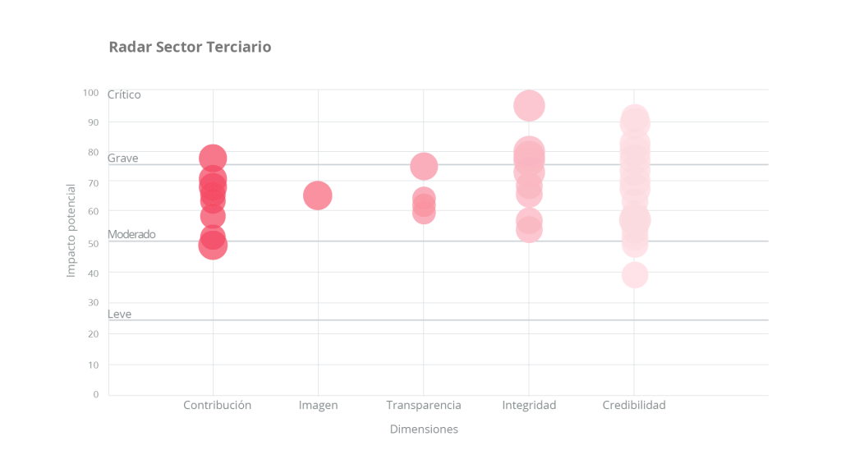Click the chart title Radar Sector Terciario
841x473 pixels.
[190, 47]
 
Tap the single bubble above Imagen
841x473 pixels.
[318, 195]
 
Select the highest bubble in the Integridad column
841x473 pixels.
[529, 105]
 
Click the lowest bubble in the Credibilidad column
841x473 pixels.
[634, 274]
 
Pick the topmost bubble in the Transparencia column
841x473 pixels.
[424, 166]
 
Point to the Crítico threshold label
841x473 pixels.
[124, 94]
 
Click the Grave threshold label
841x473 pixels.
[123, 158]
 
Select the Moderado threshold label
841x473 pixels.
[131, 234]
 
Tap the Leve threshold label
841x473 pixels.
[120, 314]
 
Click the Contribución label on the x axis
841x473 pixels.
[217, 405]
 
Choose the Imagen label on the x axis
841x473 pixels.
[318, 405]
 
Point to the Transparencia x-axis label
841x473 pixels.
[424, 405]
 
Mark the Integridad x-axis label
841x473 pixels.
[529, 405]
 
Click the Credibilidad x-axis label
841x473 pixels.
[634, 405]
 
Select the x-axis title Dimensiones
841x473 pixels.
[424, 429]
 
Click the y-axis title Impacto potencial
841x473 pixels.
[71, 230]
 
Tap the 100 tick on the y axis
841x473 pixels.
[90, 92]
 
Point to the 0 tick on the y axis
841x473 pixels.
[95, 394]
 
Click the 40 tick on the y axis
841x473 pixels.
[93, 273]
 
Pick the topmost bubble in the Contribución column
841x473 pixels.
[213, 158]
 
